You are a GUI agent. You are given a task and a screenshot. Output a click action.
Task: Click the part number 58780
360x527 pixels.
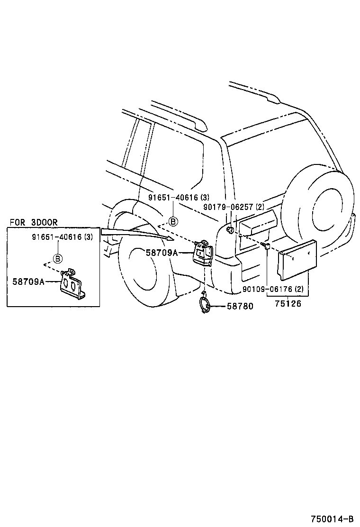pos(240,307)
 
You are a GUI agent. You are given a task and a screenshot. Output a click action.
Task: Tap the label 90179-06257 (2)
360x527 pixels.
pos(234,207)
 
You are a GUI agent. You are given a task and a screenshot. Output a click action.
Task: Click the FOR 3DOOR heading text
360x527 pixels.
pos(33,222)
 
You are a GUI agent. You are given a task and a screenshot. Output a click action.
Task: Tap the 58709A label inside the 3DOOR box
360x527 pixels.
pos(29,282)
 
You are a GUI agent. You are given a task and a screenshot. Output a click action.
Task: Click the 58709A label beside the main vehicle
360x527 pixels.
pos(162,253)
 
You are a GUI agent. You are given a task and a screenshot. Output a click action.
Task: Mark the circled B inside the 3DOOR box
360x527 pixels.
pos(58,258)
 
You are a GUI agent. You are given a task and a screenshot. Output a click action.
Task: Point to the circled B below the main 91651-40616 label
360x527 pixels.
pos(173,221)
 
